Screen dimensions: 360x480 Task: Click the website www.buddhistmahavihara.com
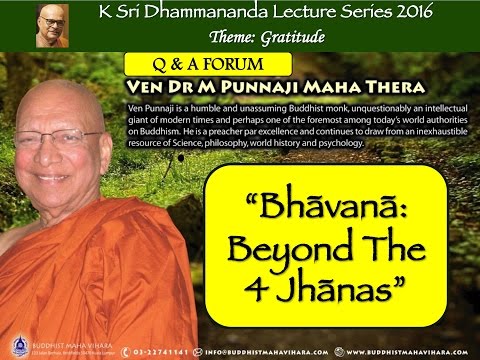click(x=411, y=350)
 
